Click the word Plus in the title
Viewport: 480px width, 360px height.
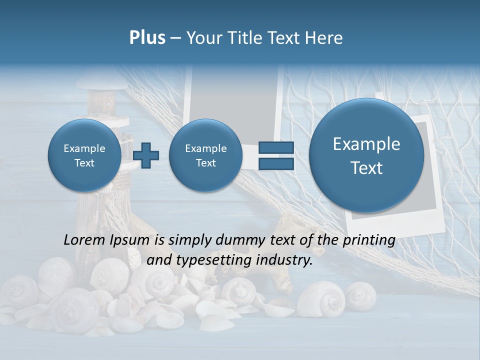tap(147, 38)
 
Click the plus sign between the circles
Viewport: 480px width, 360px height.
tap(146, 155)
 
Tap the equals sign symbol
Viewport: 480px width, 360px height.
tap(276, 156)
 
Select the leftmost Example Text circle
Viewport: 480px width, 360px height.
tap(84, 155)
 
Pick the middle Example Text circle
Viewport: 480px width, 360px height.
tap(205, 155)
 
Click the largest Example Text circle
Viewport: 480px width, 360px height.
tap(366, 155)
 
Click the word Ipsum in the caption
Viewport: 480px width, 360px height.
tap(129, 240)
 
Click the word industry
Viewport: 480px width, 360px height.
tap(284, 260)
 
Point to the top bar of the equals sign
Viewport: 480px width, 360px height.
tap(276, 148)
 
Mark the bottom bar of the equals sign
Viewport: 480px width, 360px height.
tap(276, 164)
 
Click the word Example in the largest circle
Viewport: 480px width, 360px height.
tap(366, 144)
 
